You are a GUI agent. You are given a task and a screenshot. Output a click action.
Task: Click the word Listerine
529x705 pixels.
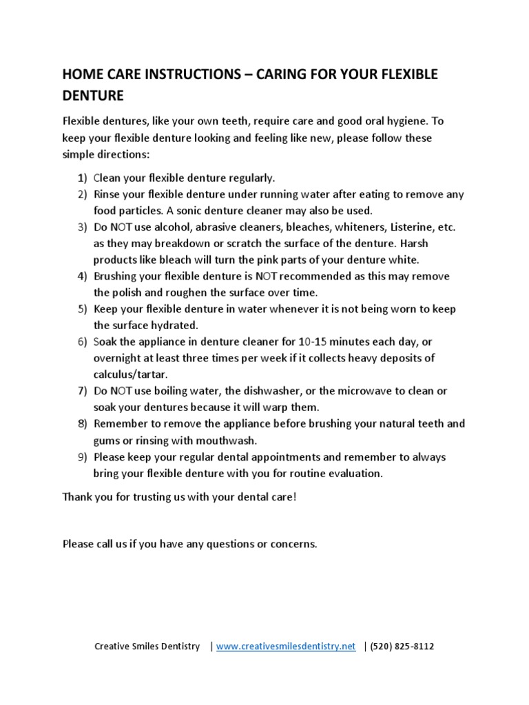[412, 227]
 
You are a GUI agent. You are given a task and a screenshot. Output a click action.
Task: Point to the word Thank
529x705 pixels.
[76, 497]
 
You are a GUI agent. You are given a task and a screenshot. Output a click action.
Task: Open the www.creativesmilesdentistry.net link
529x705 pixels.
[286, 646]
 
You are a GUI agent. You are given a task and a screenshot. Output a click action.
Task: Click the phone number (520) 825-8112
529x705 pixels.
[402, 646]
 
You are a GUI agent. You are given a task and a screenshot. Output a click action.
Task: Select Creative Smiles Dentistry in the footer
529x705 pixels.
[147, 646]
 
